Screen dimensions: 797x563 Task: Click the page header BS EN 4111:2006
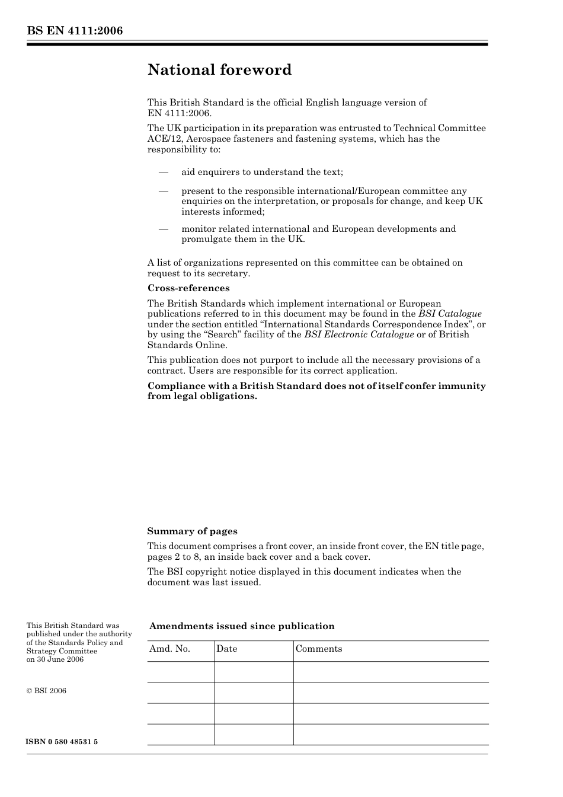click(x=75, y=31)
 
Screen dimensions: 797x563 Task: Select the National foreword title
click(x=219, y=70)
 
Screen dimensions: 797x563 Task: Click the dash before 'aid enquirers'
click(x=163, y=172)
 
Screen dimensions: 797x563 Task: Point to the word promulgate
click(x=206, y=240)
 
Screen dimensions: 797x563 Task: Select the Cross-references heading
click(x=188, y=288)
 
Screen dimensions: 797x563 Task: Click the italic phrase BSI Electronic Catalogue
click(x=359, y=334)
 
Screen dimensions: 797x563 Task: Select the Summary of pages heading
click(x=192, y=531)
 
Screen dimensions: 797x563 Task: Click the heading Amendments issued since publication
click(x=242, y=626)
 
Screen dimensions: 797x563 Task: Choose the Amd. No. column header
click(x=169, y=649)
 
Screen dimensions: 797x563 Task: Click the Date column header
click(x=226, y=649)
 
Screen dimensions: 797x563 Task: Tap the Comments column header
click(x=319, y=649)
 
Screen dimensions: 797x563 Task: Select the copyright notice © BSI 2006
click(x=46, y=691)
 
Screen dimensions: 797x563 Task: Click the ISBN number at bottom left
click(x=62, y=742)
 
